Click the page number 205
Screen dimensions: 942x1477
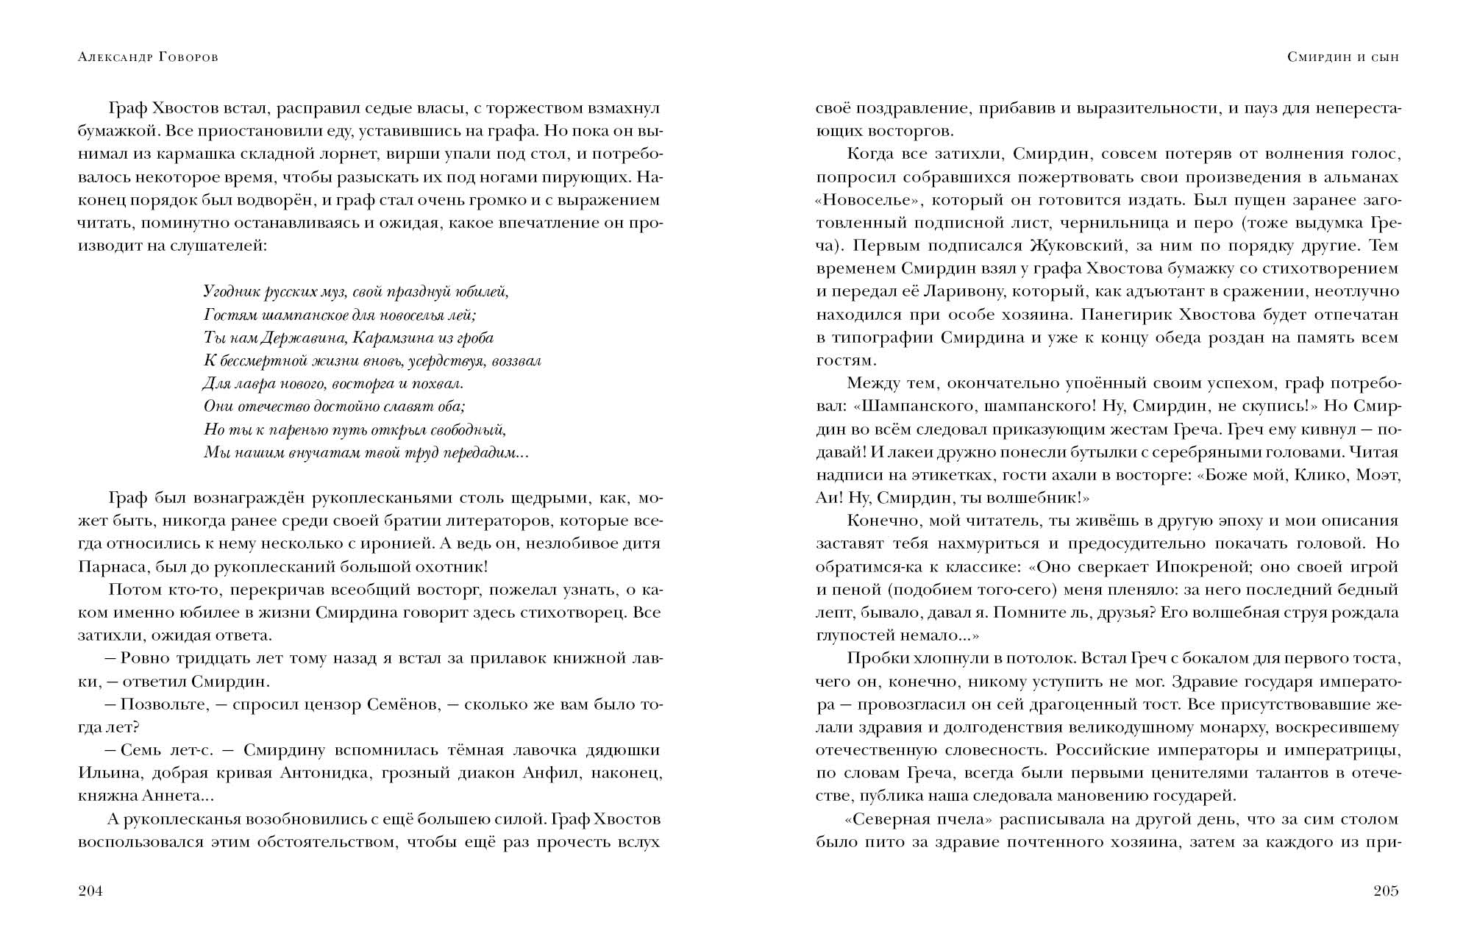click(1386, 891)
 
